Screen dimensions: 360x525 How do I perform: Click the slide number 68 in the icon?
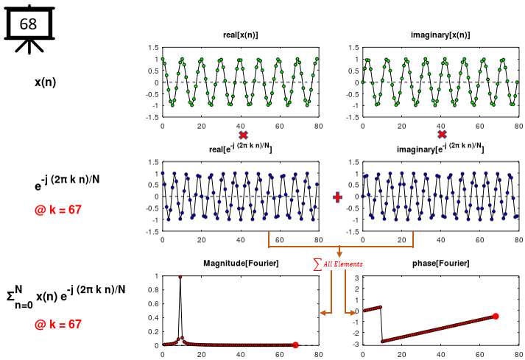[x=28, y=24]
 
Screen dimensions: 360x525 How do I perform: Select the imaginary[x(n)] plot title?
[x=440, y=35]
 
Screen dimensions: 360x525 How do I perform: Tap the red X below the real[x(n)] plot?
[x=242, y=135]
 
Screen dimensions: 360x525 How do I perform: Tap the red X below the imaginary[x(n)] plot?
[x=442, y=135]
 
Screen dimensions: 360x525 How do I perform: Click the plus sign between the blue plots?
[x=338, y=197]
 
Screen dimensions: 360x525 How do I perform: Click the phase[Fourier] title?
[x=440, y=264]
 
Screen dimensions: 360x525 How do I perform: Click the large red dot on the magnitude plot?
[x=295, y=345]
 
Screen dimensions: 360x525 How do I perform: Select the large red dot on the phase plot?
[x=496, y=317]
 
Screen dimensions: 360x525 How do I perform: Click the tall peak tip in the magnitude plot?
[x=180, y=277]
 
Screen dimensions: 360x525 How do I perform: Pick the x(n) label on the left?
[x=46, y=82]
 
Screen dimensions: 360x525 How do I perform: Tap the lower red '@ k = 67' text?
[x=57, y=324]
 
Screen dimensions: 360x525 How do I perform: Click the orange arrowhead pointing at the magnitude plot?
[x=323, y=314]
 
